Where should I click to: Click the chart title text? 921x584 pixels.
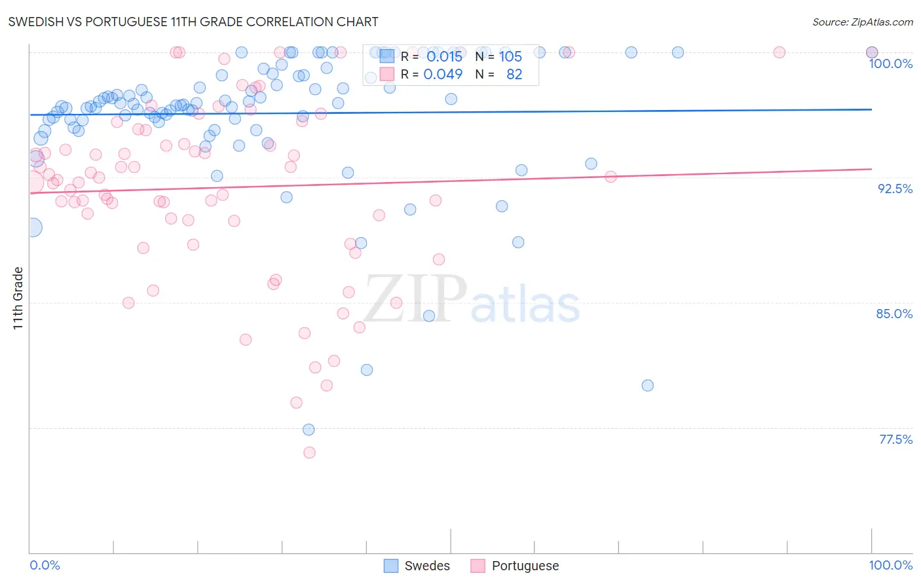click(193, 22)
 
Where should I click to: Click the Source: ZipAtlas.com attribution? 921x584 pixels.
click(862, 22)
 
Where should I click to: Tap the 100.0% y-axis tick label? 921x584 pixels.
click(890, 64)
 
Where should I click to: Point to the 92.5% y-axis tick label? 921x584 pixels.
click(895, 189)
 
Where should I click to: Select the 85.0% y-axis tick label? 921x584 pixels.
click(894, 314)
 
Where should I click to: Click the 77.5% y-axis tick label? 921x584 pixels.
click(895, 439)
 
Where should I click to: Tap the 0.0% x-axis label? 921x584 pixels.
click(45, 565)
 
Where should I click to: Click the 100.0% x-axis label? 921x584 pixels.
click(890, 565)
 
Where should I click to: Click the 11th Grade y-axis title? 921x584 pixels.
click(18, 298)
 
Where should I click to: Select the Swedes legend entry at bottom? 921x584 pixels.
click(417, 566)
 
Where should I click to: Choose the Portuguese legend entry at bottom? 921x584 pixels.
click(515, 566)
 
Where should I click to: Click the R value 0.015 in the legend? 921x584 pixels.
click(444, 57)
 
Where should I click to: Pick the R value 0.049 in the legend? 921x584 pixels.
click(443, 75)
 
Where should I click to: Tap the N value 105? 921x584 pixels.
click(510, 57)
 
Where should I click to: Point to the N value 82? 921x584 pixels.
click(514, 75)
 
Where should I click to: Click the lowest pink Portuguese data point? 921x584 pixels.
click(309, 452)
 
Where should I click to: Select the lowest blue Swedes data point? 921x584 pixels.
click(309, 429)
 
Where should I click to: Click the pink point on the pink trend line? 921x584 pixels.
click(611, 177)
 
